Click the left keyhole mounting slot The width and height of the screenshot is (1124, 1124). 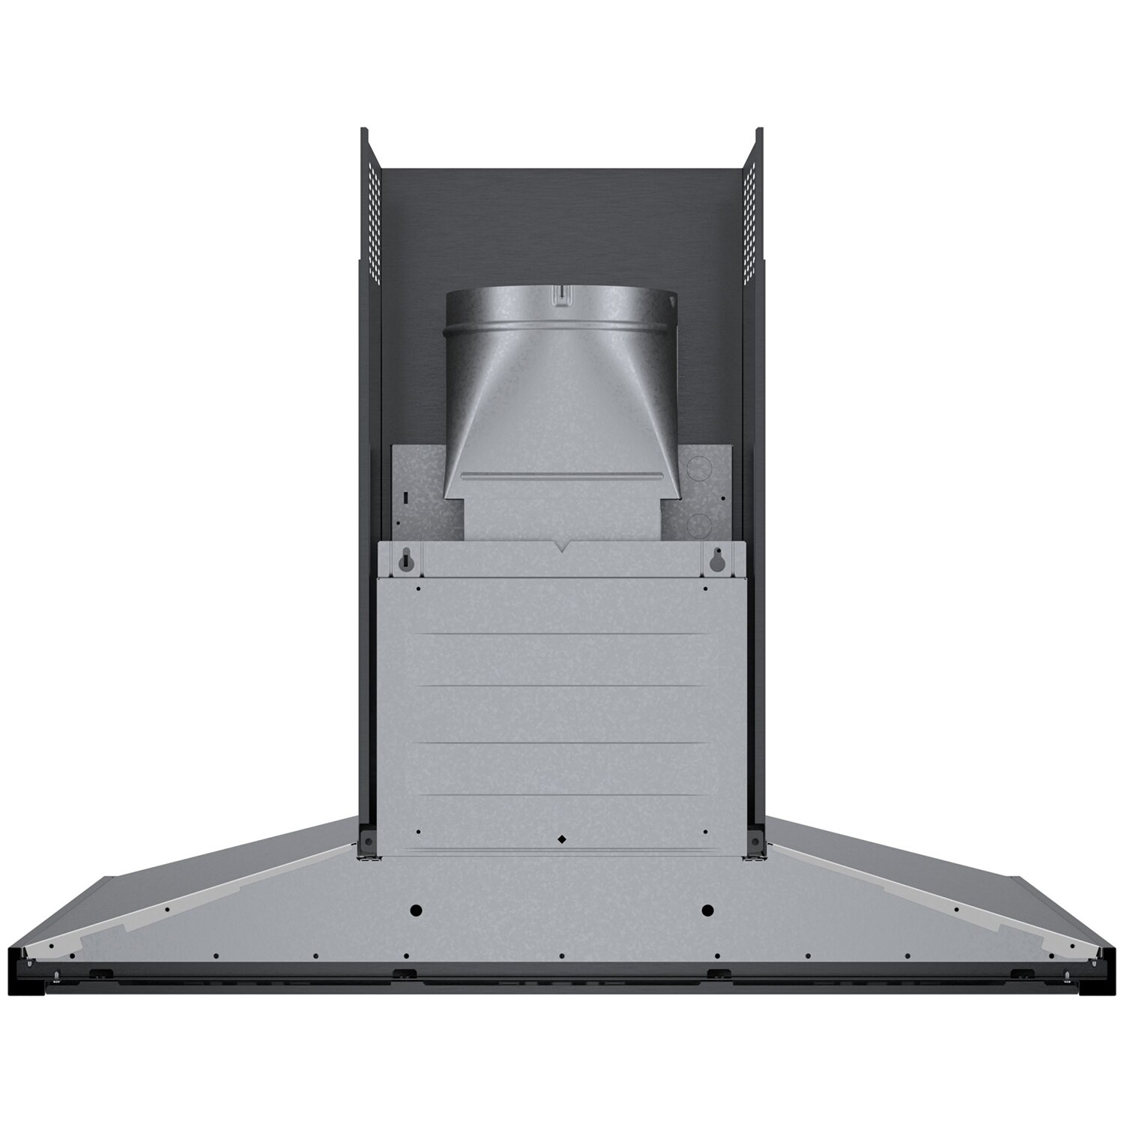(405, 559)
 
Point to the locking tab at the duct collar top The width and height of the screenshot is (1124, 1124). (561, 294)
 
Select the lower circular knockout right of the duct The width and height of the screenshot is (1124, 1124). (698, 522)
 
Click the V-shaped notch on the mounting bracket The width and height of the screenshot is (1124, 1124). (560, 549)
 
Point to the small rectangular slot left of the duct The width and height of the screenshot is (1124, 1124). (405, 497)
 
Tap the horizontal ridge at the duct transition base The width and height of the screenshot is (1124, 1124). (562, 474)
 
